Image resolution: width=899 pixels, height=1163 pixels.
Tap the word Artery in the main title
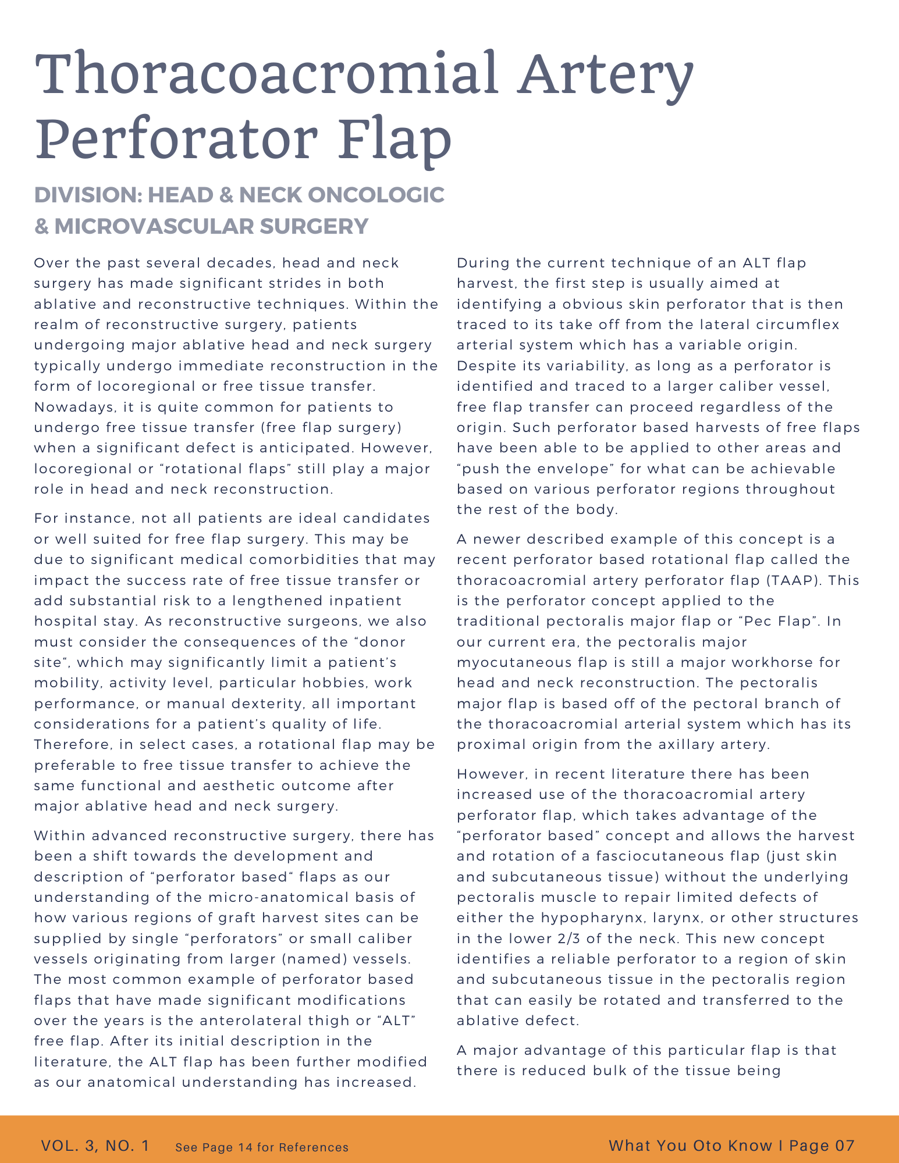pyautogui.click(x=605, y=74)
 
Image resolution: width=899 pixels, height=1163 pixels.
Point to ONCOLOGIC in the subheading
pyautogui.click(x=375, y=195)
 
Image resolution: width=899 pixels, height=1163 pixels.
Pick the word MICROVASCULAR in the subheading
pyautogui.click(x=154, y=226)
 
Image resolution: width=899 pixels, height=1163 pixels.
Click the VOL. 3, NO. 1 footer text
pyautogui.click(x=95, y=1146)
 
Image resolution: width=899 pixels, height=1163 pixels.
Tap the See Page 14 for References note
pyautogui.click(x=262, y=1147)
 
